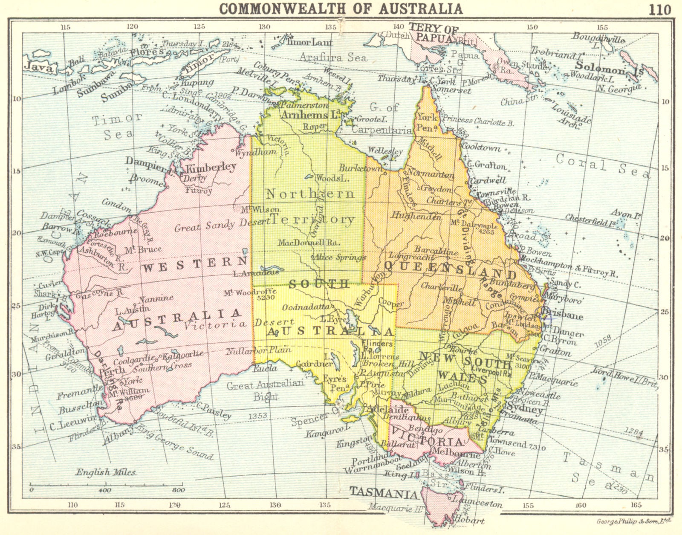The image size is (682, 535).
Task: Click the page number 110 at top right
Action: (660, 9)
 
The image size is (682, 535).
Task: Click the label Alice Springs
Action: (340, 257)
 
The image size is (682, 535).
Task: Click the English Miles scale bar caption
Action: (105, 472)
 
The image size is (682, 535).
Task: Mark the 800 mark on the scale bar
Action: (178, 490)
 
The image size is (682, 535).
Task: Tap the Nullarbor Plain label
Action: (258, 350)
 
